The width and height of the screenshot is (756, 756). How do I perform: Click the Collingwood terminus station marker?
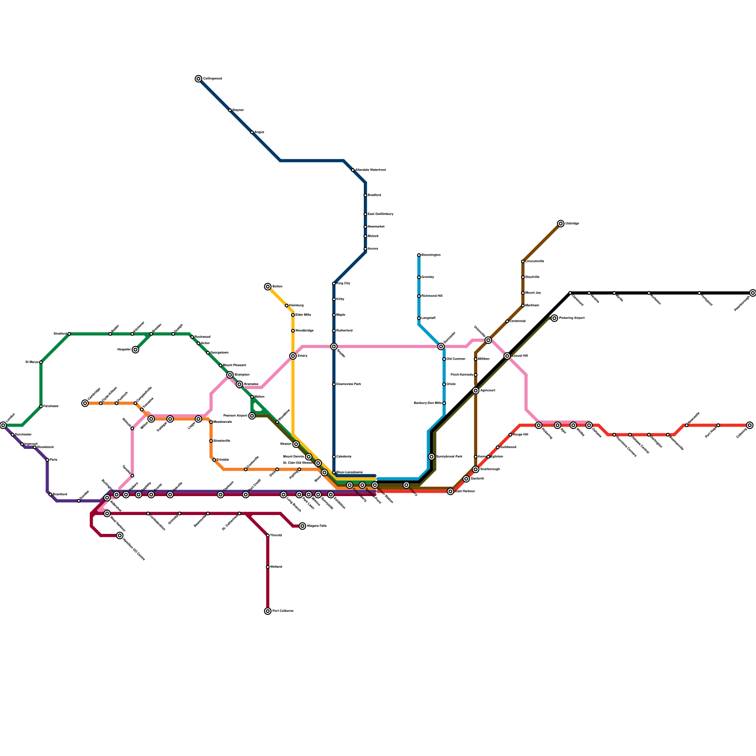198,79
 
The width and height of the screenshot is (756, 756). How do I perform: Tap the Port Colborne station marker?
268,611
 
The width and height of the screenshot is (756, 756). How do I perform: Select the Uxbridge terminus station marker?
560,223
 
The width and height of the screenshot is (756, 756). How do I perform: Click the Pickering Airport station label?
572,318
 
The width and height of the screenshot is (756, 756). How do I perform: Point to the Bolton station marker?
268,287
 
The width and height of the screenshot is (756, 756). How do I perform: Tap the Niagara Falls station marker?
302,526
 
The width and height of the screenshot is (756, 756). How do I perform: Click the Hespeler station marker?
136,350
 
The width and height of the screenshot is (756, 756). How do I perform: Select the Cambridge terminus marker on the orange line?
85,403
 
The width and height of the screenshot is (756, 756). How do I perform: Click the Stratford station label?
60,334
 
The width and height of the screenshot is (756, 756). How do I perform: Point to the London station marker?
3,425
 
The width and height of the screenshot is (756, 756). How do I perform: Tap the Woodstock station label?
46,447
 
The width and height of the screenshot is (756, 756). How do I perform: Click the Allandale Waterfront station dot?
353,170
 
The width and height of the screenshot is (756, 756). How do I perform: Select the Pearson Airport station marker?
252,416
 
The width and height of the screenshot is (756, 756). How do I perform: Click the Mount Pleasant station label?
234,365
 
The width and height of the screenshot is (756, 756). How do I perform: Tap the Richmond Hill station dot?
419,296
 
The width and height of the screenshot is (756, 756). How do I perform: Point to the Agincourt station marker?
476,390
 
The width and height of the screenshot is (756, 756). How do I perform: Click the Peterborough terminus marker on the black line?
753,293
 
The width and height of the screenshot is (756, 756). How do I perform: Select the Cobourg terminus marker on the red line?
750,425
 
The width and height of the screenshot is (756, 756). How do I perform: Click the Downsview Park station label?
349,384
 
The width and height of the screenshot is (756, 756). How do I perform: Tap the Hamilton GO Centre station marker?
120,535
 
